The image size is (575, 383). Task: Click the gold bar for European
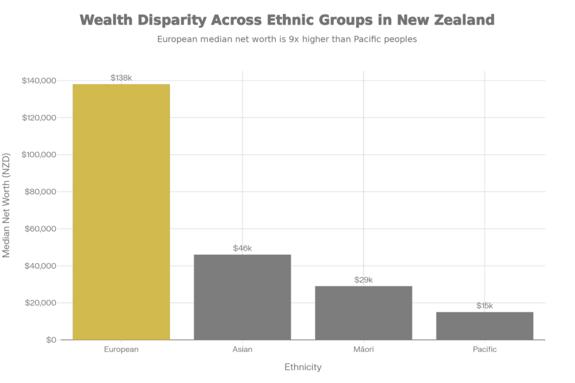[121, 212]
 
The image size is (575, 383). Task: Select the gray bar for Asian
[242, 297]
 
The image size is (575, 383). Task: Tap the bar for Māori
[363, 312]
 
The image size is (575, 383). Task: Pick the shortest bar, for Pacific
[485, 326]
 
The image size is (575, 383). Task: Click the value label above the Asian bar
[242, 248]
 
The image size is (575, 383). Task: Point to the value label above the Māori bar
[363, 280]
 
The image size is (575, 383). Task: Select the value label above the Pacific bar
[485, 306]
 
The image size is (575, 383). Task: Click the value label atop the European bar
[121, 77]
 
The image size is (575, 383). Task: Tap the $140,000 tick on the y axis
[39, 80]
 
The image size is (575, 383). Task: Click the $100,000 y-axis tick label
[39, 154]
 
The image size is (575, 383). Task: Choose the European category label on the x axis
[121, 350]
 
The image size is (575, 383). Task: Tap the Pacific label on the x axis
[485, 350]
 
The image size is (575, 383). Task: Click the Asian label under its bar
[242, 350]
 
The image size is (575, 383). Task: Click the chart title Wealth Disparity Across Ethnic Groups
[287, 19]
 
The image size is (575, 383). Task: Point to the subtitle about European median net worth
[287, 40]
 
